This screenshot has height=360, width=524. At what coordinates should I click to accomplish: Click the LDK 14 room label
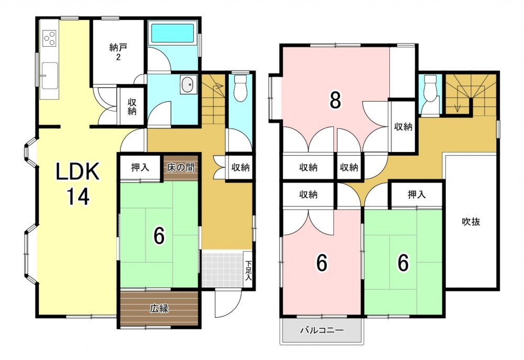point(78,183)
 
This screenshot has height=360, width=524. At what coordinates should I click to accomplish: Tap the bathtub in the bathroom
point(172,33)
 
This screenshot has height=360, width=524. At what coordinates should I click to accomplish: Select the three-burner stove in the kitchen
point(49,37)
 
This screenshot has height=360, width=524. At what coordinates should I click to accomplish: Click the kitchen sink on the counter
point(49,76)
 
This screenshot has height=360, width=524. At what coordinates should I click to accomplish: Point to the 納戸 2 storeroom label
point(118,52)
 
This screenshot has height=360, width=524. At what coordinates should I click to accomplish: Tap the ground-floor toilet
point(239,88)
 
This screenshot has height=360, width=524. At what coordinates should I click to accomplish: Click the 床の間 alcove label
point(181,167)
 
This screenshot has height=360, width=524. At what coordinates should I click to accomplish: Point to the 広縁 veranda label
point(159,309)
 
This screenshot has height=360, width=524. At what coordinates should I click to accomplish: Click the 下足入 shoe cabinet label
point(248,270)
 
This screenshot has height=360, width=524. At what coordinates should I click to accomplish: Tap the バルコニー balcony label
point(322,331)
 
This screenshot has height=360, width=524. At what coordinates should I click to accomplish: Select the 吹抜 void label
point(471,222)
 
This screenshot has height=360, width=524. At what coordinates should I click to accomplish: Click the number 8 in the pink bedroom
point(335,100)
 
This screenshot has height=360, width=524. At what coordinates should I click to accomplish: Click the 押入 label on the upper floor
point(417,194)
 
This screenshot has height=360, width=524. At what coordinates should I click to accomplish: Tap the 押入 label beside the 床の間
point(140,167)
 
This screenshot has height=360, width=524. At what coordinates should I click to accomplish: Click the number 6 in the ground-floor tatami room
point(159,236)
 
